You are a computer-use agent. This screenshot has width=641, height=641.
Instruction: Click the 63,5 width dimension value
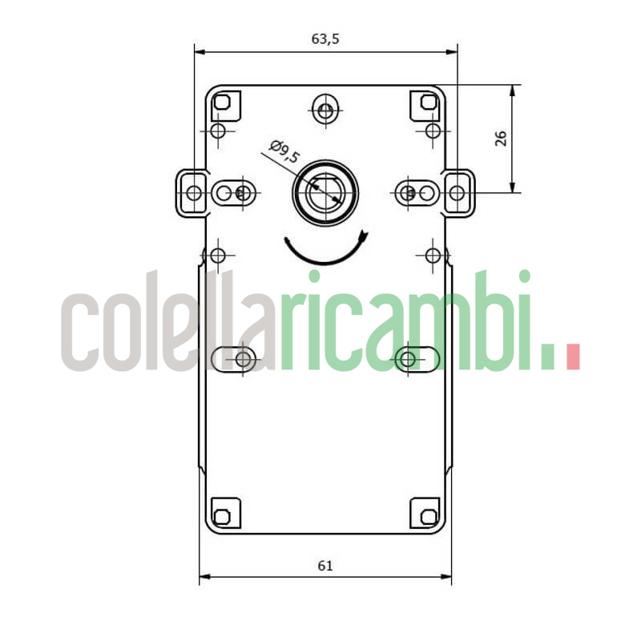click(325, 39)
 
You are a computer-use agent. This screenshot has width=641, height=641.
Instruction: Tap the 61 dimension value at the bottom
click(325, 565)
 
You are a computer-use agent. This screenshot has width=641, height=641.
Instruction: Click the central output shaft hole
click(326, 192)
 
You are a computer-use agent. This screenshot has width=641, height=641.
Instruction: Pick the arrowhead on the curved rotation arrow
click(364, 237)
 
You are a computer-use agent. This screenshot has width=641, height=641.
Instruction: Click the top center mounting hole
click(325, 111)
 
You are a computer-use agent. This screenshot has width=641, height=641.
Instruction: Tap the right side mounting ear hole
click(456, 192)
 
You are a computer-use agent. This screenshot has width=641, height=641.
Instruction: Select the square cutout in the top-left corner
click(224, 103)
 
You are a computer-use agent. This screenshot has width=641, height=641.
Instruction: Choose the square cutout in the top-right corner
click(427, 103)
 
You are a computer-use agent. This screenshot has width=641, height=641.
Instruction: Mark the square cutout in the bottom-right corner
click(426, 514)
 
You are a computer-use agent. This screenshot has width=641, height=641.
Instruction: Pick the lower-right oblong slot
click(417, 358)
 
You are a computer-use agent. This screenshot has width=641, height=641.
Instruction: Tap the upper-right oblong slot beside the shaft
click(417, 192)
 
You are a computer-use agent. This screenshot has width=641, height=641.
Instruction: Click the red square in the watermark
click(572, 357)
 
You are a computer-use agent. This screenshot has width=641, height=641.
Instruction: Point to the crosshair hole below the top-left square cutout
click(218, 131)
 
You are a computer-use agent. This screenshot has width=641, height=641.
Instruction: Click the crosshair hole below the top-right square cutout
click(433, 131)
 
